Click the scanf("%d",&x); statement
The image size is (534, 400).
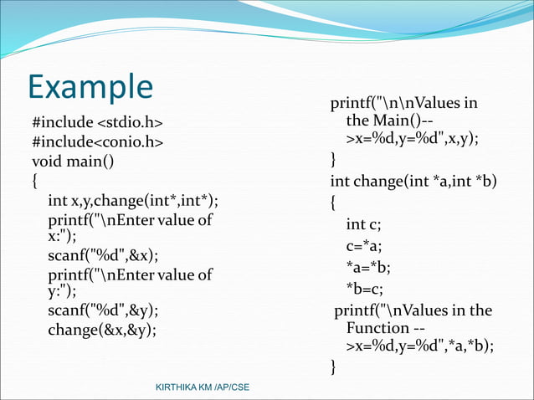[x=103, y=255]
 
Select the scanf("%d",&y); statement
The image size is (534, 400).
[x=103, y=310]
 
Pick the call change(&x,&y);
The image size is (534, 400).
[x=102, y=329]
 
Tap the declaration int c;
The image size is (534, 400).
[x=364, y=224]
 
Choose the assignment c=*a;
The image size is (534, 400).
[x=365, y=245]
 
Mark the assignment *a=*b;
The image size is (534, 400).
[x=368, y=267]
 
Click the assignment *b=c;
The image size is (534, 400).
[x=365, y=289]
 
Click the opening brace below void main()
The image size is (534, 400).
[x=35, y=180]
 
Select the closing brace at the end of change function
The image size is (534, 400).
[x=335, y=367]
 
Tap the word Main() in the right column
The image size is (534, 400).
[x=379, y=122]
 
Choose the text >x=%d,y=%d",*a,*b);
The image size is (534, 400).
[x=419, y=346]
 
